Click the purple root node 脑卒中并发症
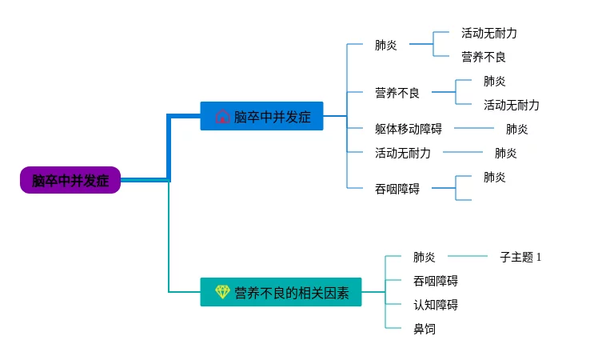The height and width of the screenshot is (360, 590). click(70, 180)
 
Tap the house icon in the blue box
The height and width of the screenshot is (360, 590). click(222, 116)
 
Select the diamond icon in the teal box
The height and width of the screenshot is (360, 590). click(222, 292)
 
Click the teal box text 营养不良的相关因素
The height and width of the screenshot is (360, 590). click(292, 293)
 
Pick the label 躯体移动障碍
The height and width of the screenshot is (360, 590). click(409, 129)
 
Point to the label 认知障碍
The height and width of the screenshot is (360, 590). click(436, 304)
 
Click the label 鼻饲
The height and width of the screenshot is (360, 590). click(424, 329)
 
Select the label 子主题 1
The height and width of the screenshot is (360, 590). click(520, 257)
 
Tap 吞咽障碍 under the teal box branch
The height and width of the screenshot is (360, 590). click(436, 281)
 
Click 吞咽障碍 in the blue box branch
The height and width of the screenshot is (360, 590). click(397, 189)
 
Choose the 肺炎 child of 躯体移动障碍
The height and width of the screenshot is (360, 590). click(516, 129)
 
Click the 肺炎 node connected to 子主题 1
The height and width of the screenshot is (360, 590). click(424, 257)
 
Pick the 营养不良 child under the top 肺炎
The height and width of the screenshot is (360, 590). click(483, 58)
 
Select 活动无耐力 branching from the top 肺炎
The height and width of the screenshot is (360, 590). click(488, 33)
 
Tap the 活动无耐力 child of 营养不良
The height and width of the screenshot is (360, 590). click(511, 105)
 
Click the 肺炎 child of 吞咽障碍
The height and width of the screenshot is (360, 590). click(494, 177)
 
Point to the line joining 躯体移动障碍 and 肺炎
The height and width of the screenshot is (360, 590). click(474, 128)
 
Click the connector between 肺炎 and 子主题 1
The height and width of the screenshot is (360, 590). click(468, 256)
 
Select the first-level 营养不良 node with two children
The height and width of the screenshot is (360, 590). click(397, 93)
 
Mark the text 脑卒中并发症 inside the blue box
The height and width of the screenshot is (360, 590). click(272, 117)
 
